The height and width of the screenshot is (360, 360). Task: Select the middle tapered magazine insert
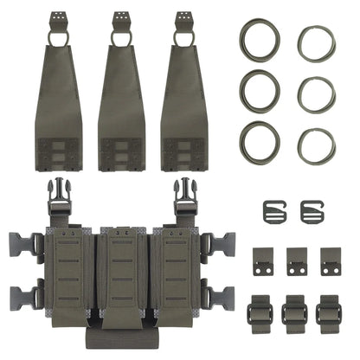click(125, 95)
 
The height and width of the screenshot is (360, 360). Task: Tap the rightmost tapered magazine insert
click(185, 95)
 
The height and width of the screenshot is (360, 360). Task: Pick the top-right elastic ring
click(317, 42)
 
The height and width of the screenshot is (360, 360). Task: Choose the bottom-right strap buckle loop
click(329, 310)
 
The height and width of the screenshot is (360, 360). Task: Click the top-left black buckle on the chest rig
click(61, 198)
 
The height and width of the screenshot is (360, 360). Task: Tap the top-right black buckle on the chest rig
click(183, 198)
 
